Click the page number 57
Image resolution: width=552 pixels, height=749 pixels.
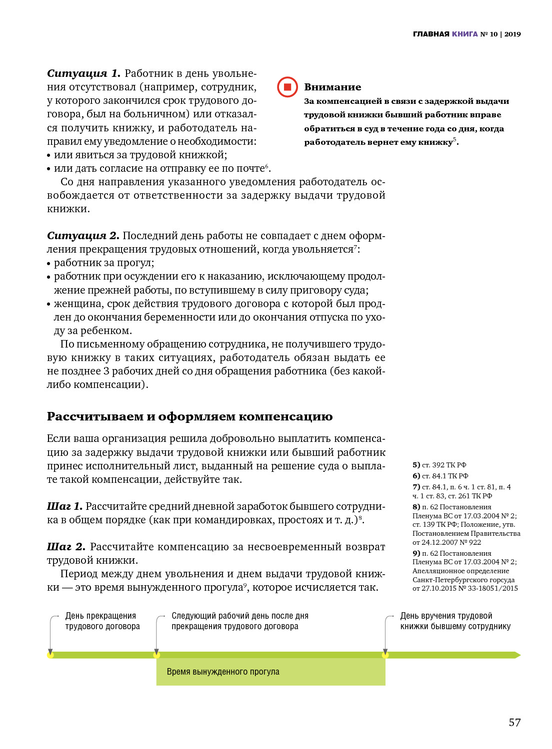point(514,722)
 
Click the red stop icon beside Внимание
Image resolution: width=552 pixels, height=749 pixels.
point(287,87)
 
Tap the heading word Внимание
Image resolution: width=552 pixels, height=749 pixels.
point(332,87)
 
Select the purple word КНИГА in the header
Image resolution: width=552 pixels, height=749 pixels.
point(465,34)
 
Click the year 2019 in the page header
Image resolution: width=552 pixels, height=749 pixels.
point(512,34)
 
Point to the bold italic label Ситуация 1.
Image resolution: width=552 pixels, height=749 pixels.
point(83,73)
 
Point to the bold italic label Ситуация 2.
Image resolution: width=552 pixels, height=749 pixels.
point(83,236)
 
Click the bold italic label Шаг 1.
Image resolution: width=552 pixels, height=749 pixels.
point(64,506)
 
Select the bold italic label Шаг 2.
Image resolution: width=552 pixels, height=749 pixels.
point(66,547)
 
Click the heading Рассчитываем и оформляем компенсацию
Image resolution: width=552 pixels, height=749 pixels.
point(189,416)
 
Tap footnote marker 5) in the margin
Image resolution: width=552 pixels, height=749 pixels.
point(416,465)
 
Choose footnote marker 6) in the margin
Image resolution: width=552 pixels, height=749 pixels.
point(416,476)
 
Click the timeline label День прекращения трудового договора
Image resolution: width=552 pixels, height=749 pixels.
point(102,621)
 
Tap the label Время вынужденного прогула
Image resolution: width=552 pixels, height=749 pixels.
point(223,672)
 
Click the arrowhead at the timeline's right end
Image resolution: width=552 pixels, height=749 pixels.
point(517,655)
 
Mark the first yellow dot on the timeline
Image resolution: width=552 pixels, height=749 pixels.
point(50,655)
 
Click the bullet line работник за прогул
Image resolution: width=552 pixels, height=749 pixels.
point(104,263)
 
